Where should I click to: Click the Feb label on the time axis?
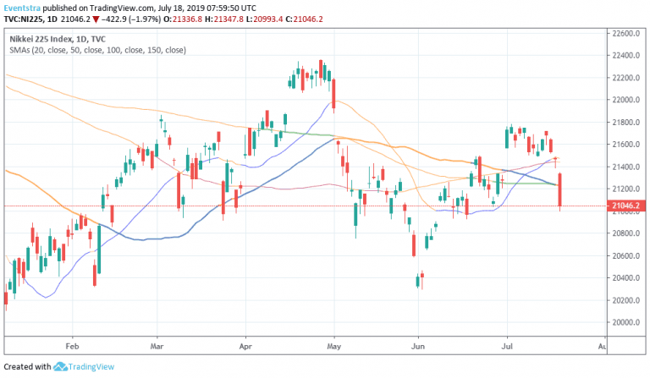(x=72, y=346)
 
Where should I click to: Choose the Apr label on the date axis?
(x=246, y=346)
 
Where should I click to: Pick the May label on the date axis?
(x=333, y=346)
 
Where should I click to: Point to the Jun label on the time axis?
(x=417, y=346)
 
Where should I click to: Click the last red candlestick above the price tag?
(x=561, y=190)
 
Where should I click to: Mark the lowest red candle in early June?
(x=419, y=282)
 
